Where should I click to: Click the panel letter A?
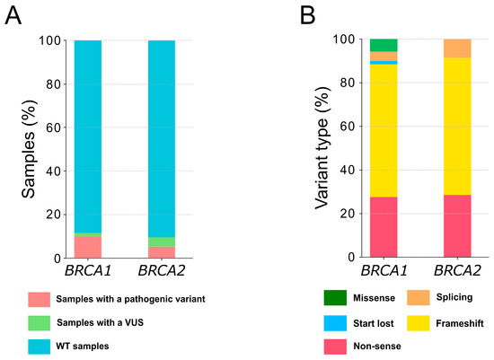click(13, 15)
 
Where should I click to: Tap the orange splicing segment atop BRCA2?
click(463, 48)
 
